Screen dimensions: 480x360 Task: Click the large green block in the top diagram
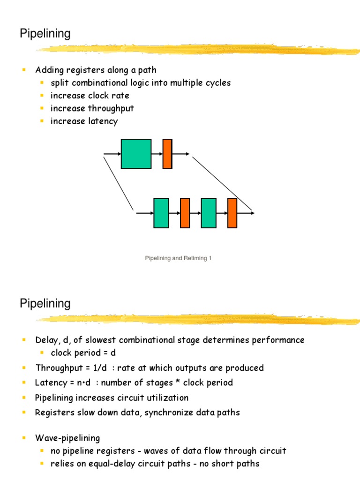(x=136, y=154)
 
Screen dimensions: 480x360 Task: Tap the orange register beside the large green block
(x=167, y=154)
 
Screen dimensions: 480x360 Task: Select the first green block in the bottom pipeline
(x=161, y=213)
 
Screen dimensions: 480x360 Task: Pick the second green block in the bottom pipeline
(x=209, y=213)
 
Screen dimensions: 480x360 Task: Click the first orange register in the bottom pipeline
(x=185, y=213)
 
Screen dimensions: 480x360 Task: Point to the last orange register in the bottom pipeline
(x=232, y=213)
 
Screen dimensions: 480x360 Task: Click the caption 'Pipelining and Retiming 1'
(x=179, y=258)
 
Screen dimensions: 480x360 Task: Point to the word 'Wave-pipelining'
(x=67, y=438)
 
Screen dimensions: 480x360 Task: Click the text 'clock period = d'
(x=83, y=352)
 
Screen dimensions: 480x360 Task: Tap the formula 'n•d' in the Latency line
(x=83, y=382)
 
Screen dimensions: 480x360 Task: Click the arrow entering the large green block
(x=112, y=154)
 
